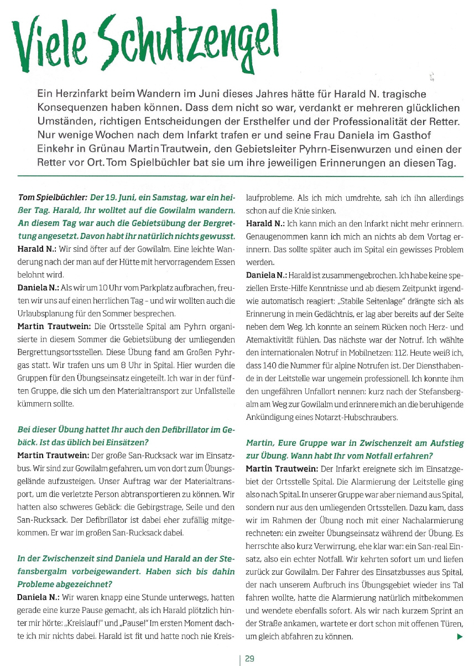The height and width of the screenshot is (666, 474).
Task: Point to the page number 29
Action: (249, 658)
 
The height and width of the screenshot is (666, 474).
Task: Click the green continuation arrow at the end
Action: (459, 637)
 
